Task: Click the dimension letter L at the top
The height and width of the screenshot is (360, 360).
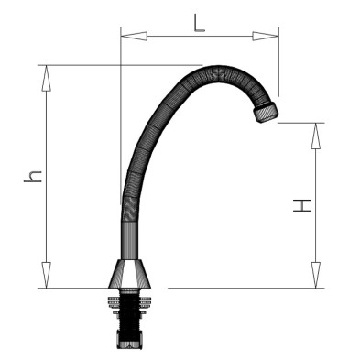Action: pos(199,21)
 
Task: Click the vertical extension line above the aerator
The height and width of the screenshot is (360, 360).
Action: pos(278,64)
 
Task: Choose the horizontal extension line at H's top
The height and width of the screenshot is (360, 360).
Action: pos(302,123)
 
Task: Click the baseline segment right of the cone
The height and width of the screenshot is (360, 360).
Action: pos(238,288)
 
